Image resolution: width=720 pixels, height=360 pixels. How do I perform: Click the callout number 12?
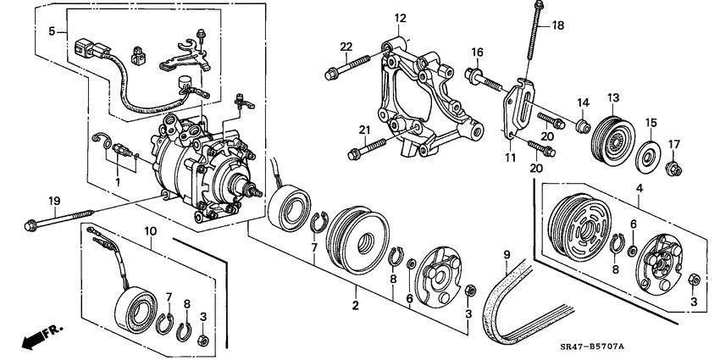(400, 18)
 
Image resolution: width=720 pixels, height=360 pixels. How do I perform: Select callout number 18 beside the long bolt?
(557, 25)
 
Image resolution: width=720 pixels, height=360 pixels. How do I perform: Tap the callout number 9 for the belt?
(506, 253)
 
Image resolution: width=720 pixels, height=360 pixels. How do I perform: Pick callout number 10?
(150, 231)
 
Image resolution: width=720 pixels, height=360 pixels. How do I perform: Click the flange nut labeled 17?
(675, 169)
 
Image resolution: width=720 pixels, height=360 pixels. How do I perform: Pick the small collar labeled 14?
(581, 128)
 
